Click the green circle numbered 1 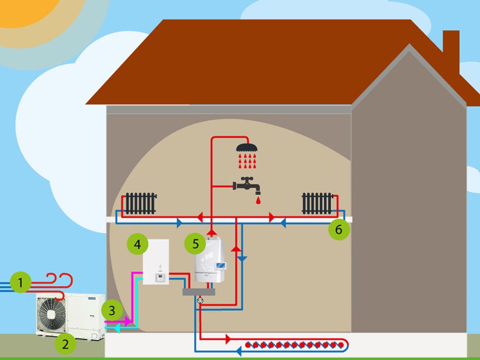coord(21,283)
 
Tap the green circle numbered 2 coord(65,344)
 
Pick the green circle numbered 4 coord(137,245)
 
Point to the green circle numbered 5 coord(195,244)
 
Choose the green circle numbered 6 coord(338,229)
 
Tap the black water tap coord(247,185)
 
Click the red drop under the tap coord(258,200)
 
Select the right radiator coord(317,203)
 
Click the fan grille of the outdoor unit coord(52,314)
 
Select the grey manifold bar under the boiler coord(198,292)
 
